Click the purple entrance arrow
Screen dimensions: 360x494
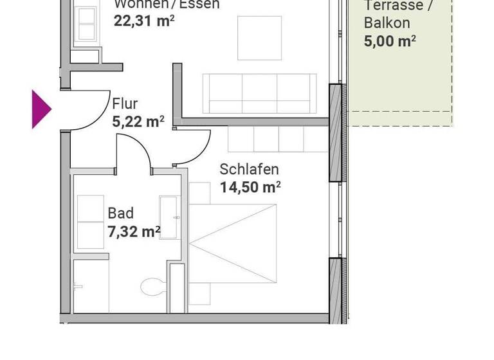[x=41, y=109]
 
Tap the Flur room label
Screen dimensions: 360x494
[x=125, y=104]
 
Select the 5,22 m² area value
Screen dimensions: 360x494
[x=138, y=120]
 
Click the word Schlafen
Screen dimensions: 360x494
[x=249, y=170]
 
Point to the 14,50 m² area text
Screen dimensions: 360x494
[x=250, y=187]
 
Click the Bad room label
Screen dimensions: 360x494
[x=120, y=213]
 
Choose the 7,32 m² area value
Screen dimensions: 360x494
[x=134, y=231]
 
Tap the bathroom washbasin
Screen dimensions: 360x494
[x=169, y=218]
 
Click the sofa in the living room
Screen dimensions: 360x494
[x=259, y=93]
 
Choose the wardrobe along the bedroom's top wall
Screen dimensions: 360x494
[x=266, y=138]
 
